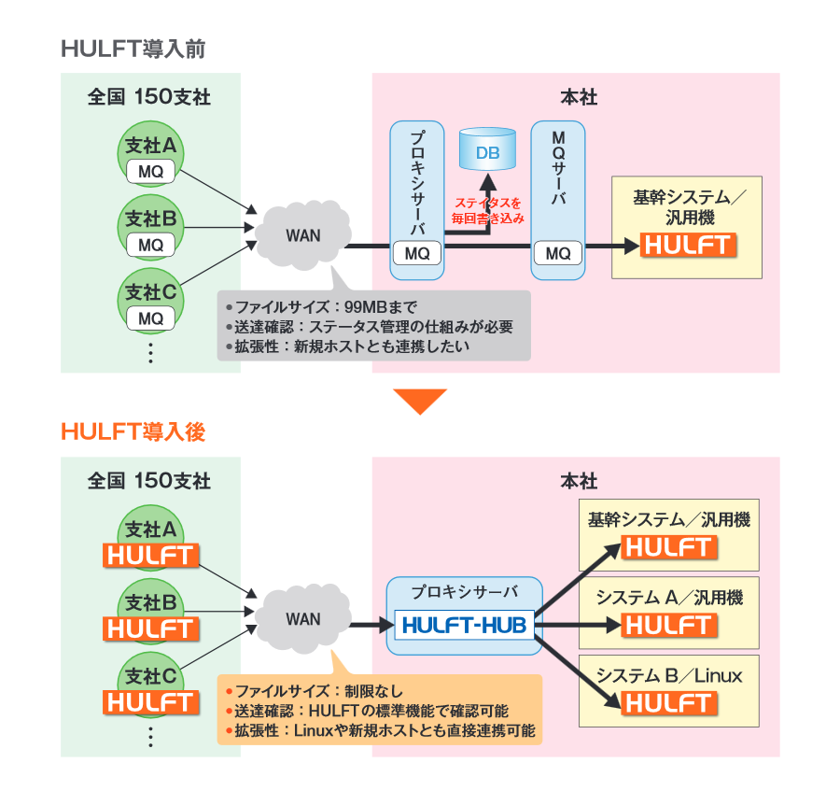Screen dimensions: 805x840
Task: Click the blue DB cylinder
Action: click(487, 149)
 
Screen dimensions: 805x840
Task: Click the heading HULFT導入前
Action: click(133, 49)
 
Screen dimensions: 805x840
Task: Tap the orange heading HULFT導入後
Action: click(133, 431)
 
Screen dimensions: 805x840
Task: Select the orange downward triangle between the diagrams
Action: click(420, 401)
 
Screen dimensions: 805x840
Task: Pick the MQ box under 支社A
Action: click(150, 172)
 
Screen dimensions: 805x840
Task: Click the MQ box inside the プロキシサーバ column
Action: click(416, 253)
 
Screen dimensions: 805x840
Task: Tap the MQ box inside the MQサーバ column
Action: click(557, 253)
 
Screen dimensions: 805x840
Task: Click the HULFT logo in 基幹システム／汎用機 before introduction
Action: click(687, 246)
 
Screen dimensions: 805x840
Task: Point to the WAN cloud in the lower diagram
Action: click(301, 618)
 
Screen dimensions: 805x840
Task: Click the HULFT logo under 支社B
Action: click(150, 628)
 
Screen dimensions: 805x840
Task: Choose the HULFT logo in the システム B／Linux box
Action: click(669, 702)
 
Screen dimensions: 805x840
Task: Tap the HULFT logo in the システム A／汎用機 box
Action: click(669, 625)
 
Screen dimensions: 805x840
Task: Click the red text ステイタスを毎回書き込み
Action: click(488, 209)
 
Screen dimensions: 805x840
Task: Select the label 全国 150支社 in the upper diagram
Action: click(149, 97)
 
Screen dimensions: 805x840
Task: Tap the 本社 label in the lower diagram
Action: click(579, 482)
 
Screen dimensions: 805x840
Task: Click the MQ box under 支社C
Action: click(150, 318)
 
